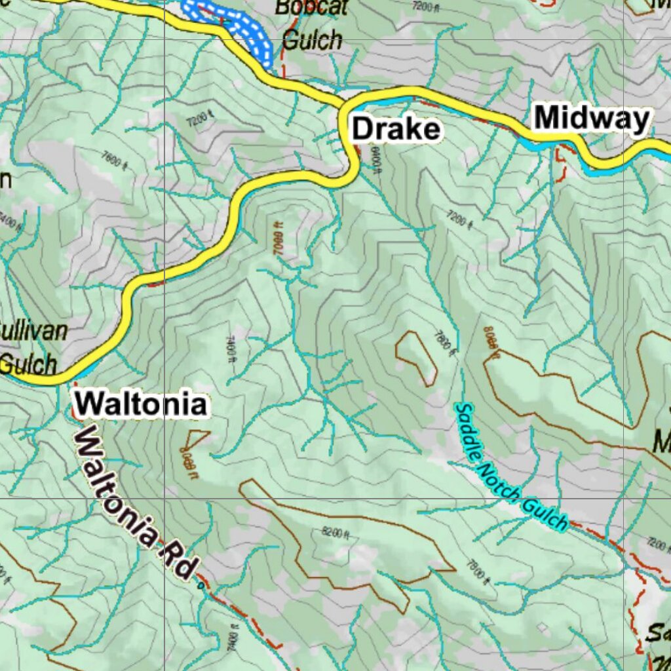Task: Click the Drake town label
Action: (x=396, y=129)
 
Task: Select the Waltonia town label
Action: (x=141, y=404)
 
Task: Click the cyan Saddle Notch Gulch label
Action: (x=510, y=467)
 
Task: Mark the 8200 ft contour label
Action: (x=335, y=533)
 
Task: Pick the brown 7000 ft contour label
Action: (x=278, y=239)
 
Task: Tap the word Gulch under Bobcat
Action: (x=312, y=41)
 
